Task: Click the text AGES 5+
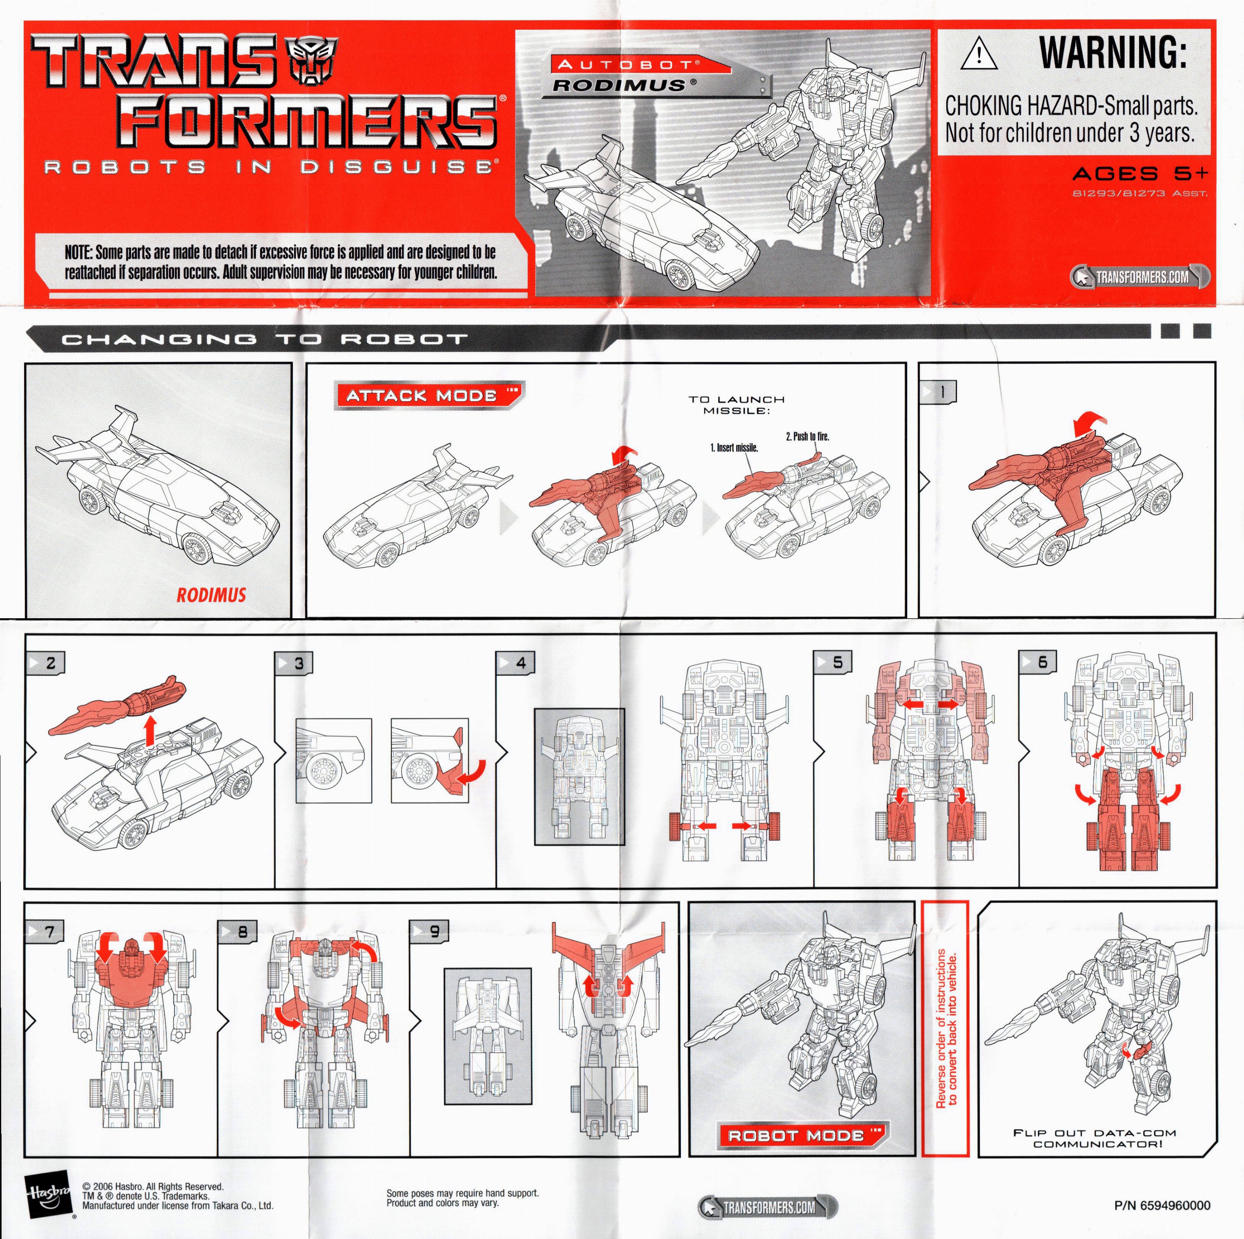pos(1140,173)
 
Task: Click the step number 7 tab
pos(45,932)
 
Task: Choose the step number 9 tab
pos(430,932)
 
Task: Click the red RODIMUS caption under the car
pos(211,594)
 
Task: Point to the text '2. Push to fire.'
pos(807,436)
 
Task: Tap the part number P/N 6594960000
pos(1161,1205)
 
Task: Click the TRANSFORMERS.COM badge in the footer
pos(768,1207)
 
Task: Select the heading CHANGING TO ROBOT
pos(264,339)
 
